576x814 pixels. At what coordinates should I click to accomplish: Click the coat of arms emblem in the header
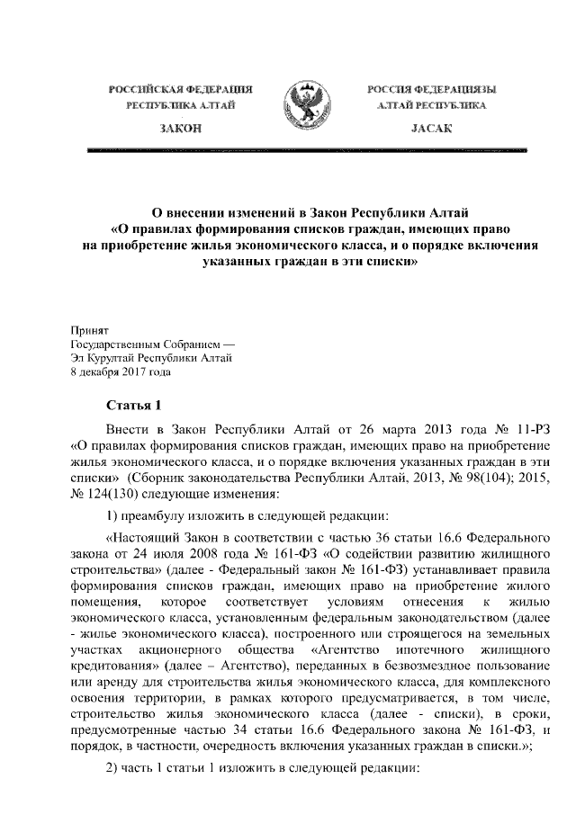point(307,107)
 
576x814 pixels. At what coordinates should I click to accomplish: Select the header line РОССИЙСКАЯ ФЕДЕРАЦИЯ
point(181,90)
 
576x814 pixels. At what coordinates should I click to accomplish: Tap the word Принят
point(89,331)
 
